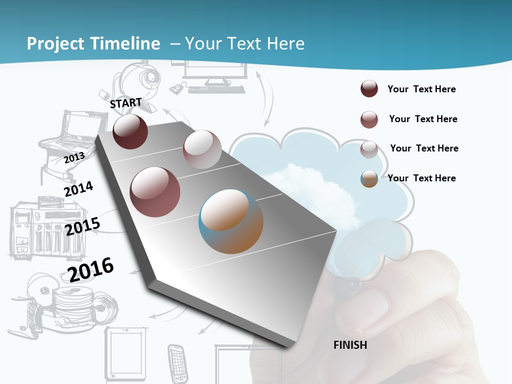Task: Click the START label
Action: click(126, 102)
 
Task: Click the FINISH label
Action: click(350, 345)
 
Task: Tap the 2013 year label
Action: click(74, 158)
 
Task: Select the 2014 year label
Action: click(78, 189)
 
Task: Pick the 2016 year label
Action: click(91, 269)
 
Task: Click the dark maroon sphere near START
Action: click(130, 132)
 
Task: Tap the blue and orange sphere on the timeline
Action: click(231, 221)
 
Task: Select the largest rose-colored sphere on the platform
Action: click(155, 192)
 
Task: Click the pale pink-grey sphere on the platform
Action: click(202, 149)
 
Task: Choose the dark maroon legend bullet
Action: click(369, 89)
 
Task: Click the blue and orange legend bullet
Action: click(369, 179)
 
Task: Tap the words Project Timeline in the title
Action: click(93, 44)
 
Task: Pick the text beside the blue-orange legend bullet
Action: click(421, 178)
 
